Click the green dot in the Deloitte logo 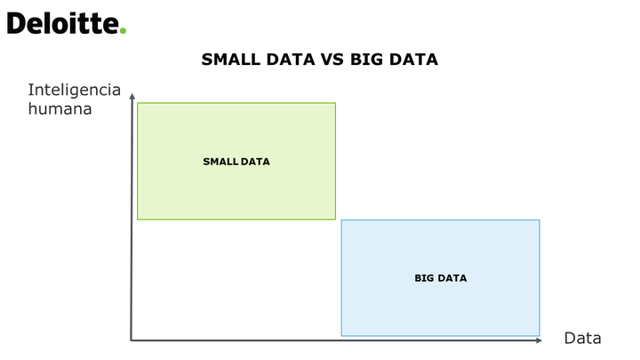(x=123, y=30)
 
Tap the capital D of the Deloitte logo (x=17, y=23)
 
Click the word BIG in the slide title (x=366, y=60)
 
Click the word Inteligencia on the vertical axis (x=75, y=90)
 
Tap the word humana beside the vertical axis (x=60, y=109)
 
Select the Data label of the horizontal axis (x=583, y=339)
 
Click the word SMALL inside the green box (x=220, y=162)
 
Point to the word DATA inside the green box (x=255, y=162)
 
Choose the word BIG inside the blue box (x=424, y=278)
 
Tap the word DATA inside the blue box (x=452, y=278)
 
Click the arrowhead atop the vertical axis (x=132, y=96)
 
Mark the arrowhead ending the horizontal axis (x=539, y=340)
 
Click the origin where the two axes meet (x=131, y=340)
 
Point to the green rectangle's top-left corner (x=138, y=103)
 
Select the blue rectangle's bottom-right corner (x=540, y=336)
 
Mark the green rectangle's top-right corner (x=335, y=103)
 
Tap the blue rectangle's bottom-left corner (x=341, y=336)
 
